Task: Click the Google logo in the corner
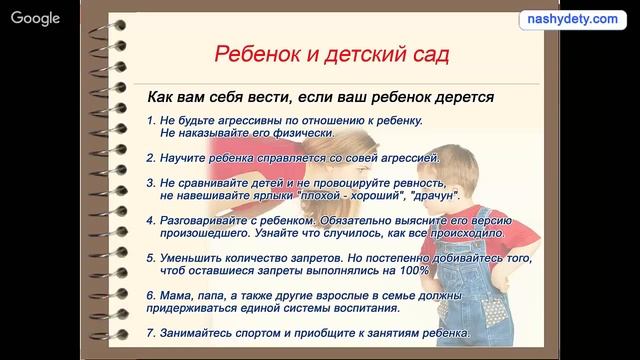[36, 18]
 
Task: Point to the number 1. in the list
[150, 121]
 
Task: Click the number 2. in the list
[150, 157]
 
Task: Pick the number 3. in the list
[150, 184]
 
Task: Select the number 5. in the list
[150, 257]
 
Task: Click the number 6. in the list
[150, 296]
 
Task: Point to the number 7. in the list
[150, 332]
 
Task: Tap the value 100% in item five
[412, 270]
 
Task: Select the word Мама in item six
[176, 296]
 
